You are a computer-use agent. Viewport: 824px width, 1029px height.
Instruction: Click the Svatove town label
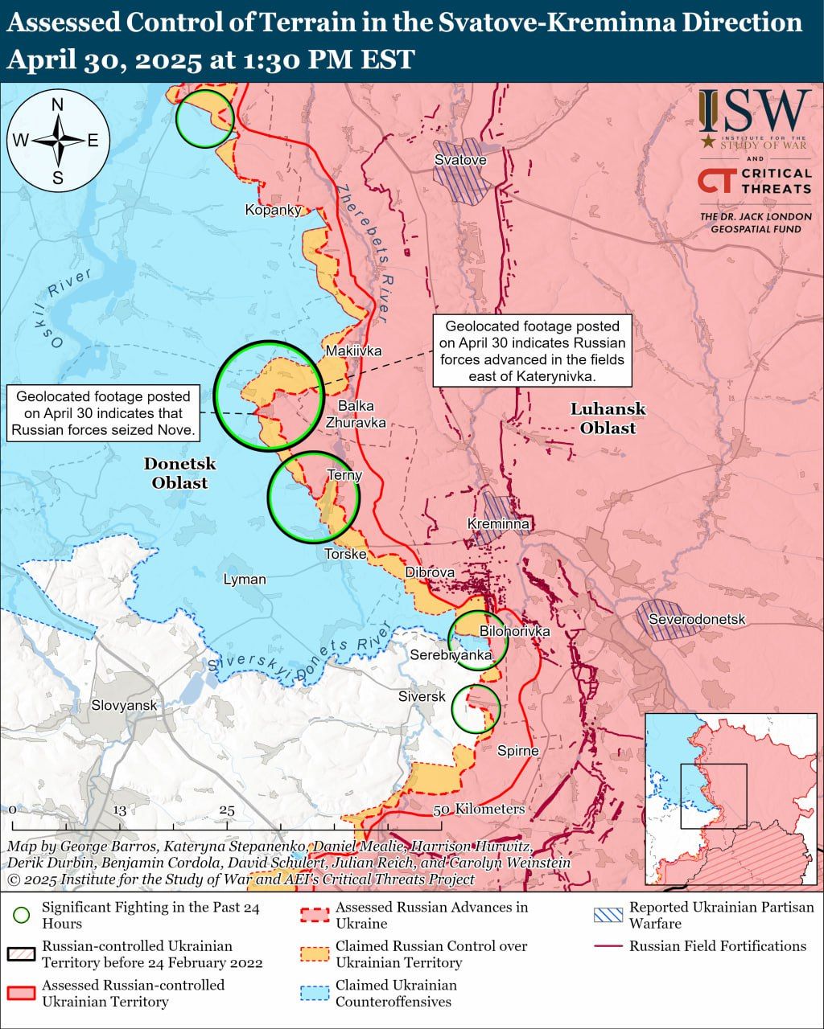tap(460, 160)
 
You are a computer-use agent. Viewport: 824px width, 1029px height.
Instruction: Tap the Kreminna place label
tap(499, 524)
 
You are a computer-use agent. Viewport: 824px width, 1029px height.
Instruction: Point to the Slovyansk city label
tap(124, 705)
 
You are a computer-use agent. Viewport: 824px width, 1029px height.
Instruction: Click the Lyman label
tap(245, 579)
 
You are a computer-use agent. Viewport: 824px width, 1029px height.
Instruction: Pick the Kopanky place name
tap(274, 210)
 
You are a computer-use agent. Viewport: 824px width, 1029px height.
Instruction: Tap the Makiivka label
tap(353, 351)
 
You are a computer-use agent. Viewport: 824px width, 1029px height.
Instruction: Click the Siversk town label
tap(422, 696)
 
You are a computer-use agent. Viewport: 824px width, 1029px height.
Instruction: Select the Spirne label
tap(517, 751)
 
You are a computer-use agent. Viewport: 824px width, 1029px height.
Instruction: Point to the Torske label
tap(345, 554)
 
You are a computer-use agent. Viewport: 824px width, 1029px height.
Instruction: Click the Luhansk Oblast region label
tap(608, 418)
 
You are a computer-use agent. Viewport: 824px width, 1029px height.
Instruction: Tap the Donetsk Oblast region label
tap(180, 473)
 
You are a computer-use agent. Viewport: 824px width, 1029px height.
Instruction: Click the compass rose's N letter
tap(58, 105)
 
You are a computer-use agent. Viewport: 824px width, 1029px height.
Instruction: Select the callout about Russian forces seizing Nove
tap(104, 413)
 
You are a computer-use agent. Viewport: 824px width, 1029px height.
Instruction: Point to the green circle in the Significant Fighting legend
tap(22, 916)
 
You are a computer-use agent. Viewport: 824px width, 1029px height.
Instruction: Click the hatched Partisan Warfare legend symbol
tap(608, 915)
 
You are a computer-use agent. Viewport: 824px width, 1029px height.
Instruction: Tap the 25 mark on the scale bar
tap(226, 810)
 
